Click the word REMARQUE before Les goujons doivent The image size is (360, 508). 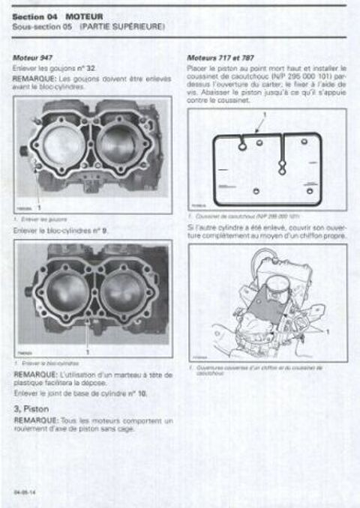(34, 76)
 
